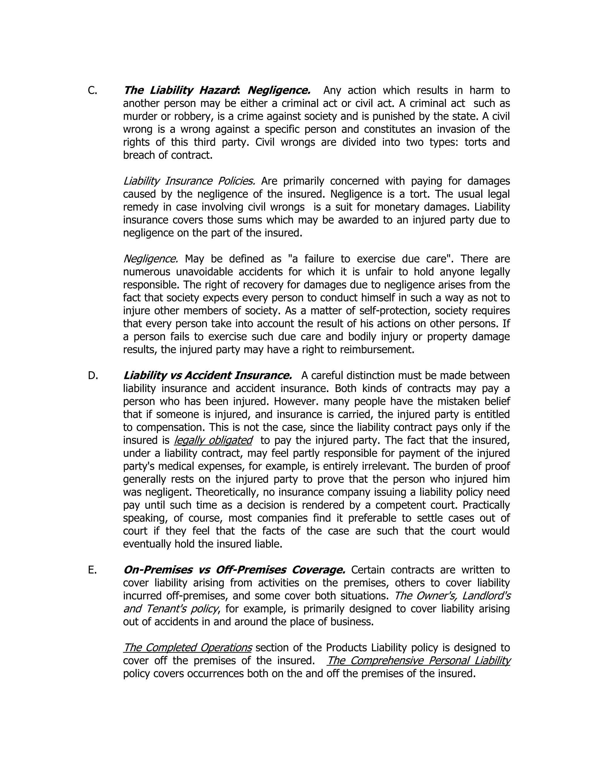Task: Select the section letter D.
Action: click(93, 375)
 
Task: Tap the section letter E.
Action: click(92, 570)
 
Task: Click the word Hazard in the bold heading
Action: click(218, 91)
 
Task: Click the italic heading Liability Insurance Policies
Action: click(189, 181)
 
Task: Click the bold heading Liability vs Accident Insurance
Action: click(207, 375)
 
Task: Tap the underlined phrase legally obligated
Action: click(213, 440)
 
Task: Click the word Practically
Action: click(486, 505)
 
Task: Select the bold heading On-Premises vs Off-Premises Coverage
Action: click(234, 570)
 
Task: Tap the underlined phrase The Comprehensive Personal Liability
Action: click(418, 661)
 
